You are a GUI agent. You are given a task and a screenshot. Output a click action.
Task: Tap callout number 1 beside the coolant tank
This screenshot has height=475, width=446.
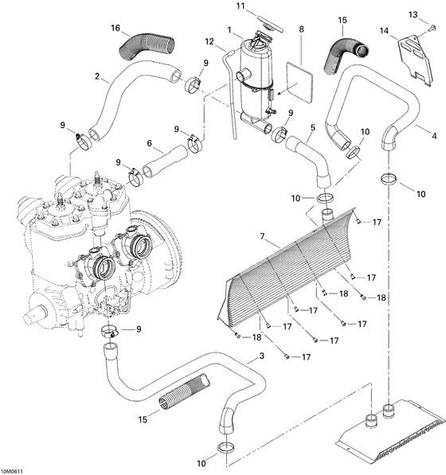click(x=230, y=31)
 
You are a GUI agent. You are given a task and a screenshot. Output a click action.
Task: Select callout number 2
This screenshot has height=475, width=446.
click(x=97, y=77)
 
